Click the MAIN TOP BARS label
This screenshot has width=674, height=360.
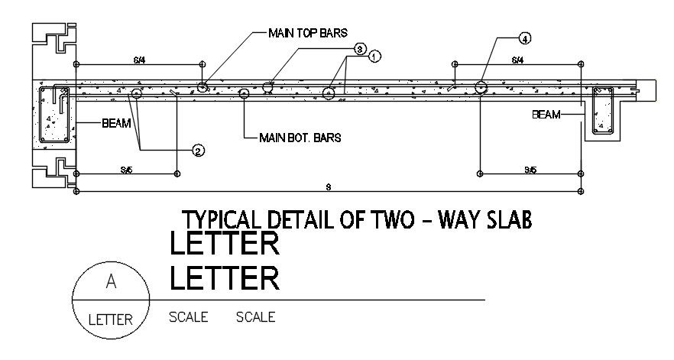(x=308, y=33)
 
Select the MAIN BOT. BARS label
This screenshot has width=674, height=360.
(x=300, y=138)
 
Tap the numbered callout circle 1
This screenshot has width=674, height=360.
(x=374, y=57)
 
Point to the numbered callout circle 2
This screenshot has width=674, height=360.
(x=198, y=151)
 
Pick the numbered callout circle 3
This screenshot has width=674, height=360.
(x=360, y=48)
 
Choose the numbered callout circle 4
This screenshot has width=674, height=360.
(x=525, y=37)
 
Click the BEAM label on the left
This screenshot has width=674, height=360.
(x=115, y=123)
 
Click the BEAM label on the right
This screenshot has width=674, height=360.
(x=546, y=115)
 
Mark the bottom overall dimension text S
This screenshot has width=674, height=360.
(x=328, y=186)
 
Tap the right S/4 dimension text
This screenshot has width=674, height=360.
(x=517, y=60)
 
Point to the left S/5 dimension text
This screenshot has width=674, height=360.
(x=126, y=170)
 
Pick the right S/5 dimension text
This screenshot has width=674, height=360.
(x=529, y=170)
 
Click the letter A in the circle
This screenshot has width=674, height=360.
(x=112, y=283)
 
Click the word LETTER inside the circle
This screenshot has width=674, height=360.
(x=112, y=319)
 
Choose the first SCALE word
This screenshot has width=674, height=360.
(x=188, y=316)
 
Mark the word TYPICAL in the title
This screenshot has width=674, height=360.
(x=219, y=220)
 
